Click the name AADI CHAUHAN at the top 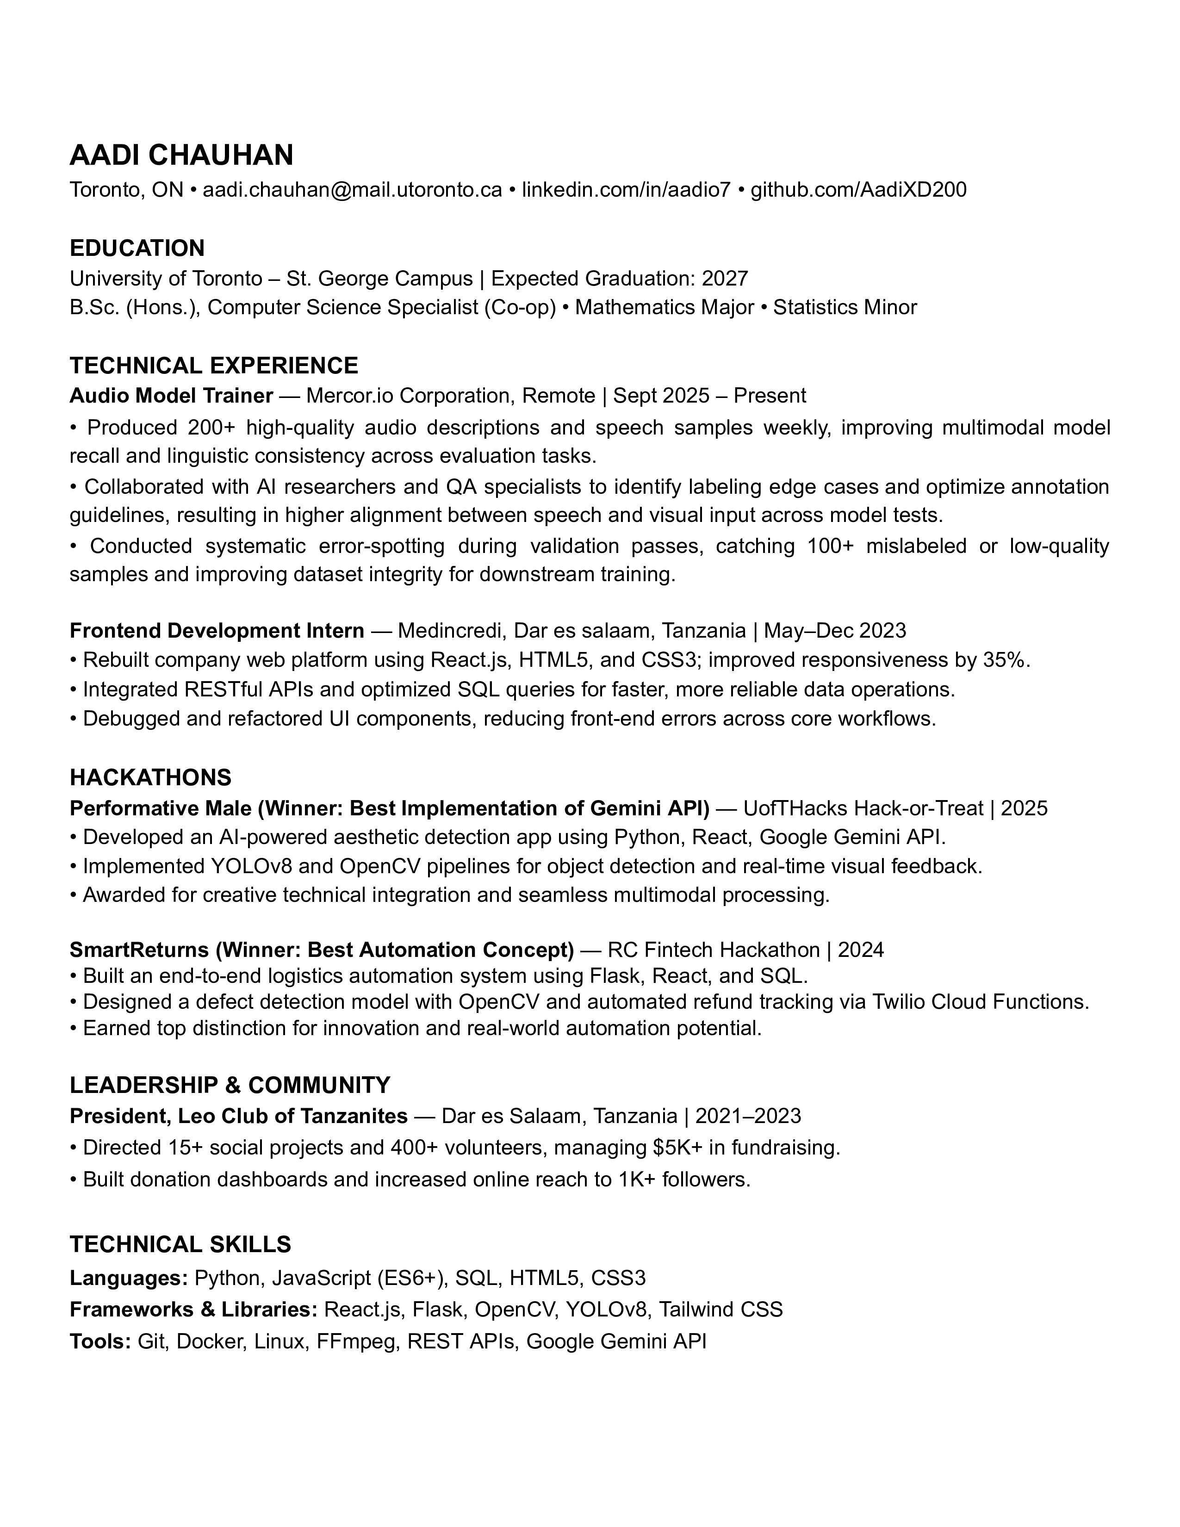pos(181,155)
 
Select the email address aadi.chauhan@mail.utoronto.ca pos(352,189)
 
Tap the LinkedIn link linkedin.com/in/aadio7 pos(626,189)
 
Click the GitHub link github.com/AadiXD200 pos(858,189)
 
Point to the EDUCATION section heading pos(137,248)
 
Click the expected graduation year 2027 pos(725,279)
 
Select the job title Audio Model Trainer pos(171,396)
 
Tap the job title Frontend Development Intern pos(217,631)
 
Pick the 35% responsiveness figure pos(1005,660)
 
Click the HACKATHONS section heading pos(150,777)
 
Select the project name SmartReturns pos(139,950)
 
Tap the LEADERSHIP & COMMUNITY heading pos(230,1085)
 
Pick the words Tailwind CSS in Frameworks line pos(720,1309)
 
